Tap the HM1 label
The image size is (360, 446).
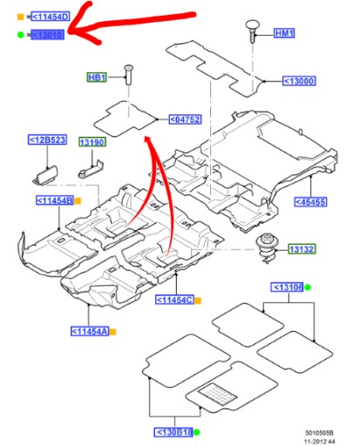284,33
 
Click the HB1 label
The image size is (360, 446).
97,77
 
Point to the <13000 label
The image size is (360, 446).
299,81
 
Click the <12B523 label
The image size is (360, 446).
43,139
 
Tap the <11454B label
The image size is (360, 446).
53,200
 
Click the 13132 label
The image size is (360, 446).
302,249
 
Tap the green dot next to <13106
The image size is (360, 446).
308,287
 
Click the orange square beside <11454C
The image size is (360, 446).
198,301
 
